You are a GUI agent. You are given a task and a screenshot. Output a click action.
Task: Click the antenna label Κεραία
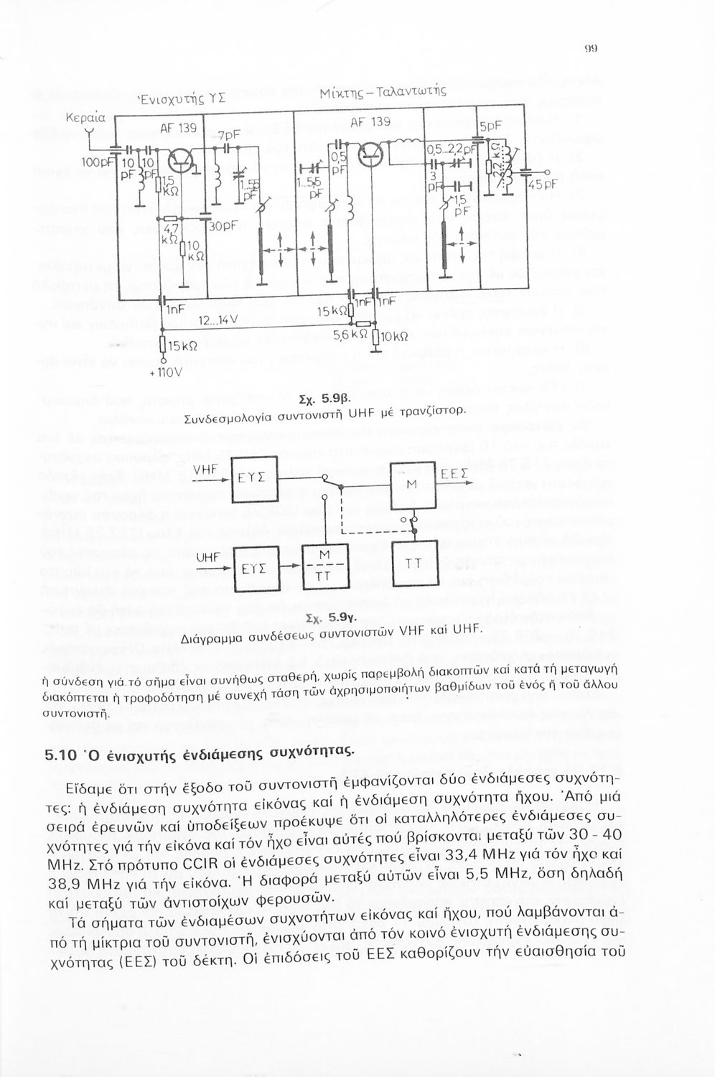coord(85,116)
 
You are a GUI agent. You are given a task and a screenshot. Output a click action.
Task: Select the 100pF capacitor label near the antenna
coord(94,162)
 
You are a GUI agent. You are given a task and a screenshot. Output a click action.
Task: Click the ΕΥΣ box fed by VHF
coord(253,477)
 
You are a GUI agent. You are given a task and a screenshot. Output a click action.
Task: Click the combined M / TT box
coord(324,566)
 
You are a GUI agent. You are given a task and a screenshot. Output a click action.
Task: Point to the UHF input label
coord(207,556)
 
